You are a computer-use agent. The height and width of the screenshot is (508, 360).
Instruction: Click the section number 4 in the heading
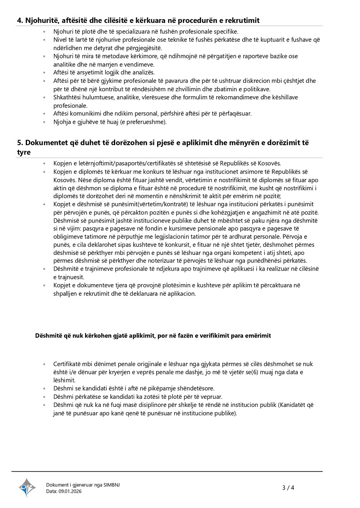(20, 21)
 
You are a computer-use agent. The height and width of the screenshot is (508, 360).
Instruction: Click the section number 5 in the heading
(20, 143)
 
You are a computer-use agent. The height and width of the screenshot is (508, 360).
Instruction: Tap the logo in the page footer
(27, 487)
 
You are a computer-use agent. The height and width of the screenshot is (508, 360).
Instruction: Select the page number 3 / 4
(288, 488)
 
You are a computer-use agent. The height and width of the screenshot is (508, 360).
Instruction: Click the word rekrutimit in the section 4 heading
(242, 21)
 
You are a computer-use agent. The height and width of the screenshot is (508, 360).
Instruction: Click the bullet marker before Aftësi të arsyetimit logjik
(44, 72)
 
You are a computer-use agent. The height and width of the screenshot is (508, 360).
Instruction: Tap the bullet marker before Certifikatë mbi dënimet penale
(44, 364)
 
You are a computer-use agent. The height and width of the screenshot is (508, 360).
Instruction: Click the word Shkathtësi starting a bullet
(69, 97)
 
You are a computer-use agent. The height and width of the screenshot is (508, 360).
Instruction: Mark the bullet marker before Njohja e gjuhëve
(44, 122)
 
